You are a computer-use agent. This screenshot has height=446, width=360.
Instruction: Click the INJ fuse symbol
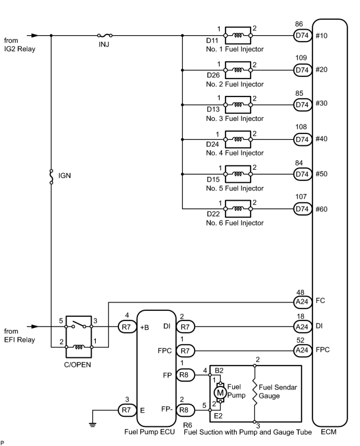[x=105, y=36]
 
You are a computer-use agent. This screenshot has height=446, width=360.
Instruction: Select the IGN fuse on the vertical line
[x=51, y=176]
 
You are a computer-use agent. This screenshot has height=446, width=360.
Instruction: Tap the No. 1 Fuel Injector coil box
[x=238, y=36]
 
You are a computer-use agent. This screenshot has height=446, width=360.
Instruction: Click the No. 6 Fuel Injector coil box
[x=238, y=209]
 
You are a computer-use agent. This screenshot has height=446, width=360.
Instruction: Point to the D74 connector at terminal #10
[x=302, y=36]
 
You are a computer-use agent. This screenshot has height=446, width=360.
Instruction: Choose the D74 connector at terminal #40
[x=302, y=139]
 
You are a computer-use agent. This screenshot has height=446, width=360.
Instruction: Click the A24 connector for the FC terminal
[x=302, y=302]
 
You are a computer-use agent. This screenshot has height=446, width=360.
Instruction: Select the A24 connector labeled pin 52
[x=302, y=350]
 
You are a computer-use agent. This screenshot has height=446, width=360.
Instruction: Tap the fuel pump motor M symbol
[x=220, y=393]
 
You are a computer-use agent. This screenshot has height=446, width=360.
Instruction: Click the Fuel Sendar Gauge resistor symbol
[x=255, y=393]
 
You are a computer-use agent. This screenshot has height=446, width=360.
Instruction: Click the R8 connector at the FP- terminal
[x=185, y=410]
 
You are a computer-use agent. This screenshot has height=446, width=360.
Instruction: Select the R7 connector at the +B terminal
[x=127, y=327]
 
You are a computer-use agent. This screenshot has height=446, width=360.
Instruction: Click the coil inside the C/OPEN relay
[x=79, y=347]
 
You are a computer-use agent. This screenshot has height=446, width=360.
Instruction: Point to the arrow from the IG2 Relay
[x=33, y=36]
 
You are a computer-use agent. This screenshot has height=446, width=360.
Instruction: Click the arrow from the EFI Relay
[x=33, y=326]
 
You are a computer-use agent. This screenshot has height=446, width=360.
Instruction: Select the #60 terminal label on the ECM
[x=321, y=209]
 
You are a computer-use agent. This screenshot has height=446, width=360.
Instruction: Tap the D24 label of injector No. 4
[x=212, y=144]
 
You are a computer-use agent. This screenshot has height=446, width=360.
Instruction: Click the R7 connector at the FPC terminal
[x=185, y=351]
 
